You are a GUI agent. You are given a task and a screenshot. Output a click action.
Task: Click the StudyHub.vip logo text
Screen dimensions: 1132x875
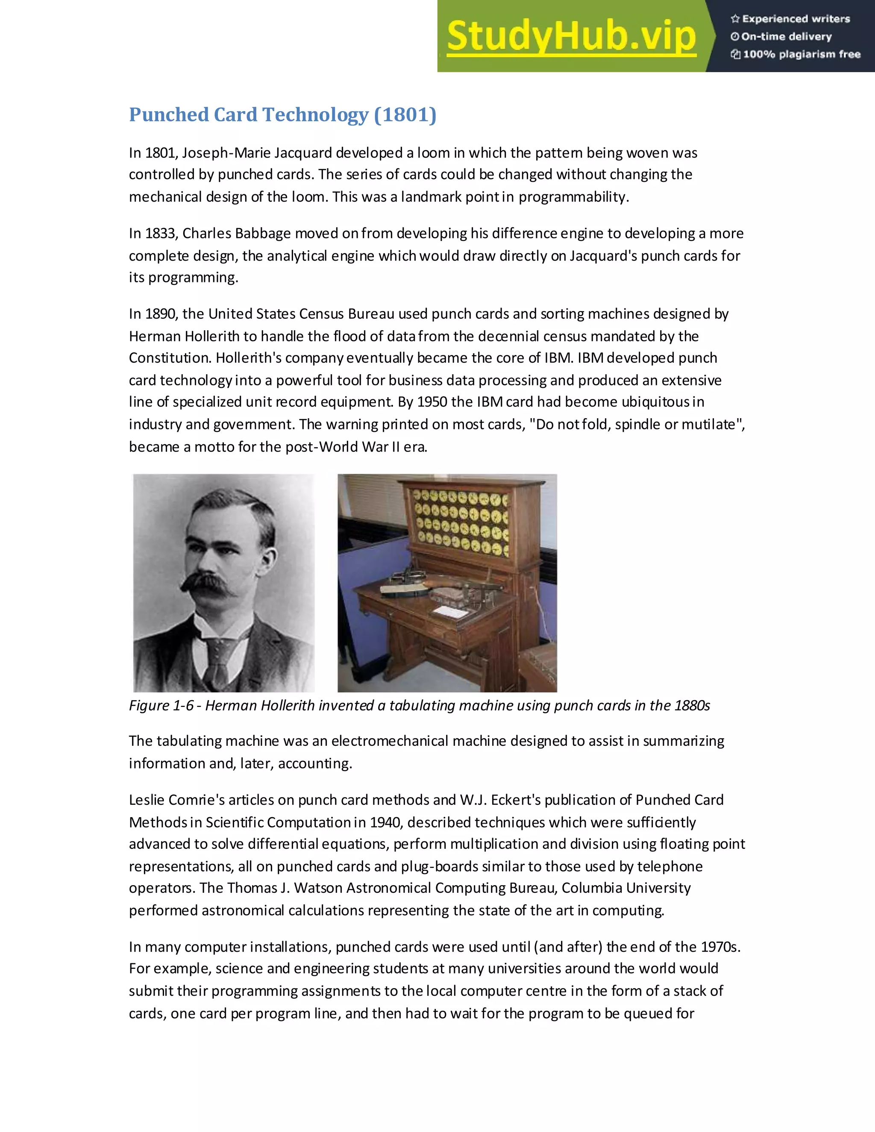tap(571, 36)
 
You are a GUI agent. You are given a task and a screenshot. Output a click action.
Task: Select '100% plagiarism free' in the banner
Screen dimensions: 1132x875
tap(802, 54)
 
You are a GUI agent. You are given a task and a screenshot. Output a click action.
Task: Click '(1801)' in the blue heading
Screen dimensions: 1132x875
tap(405, 114)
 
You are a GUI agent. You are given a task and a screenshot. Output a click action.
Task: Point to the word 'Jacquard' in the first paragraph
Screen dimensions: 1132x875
tap(303, 153)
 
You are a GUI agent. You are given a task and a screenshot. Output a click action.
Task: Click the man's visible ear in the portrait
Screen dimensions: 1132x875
tap(268, 561)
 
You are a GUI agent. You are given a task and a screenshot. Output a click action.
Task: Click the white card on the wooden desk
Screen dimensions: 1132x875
tap(450, 612)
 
